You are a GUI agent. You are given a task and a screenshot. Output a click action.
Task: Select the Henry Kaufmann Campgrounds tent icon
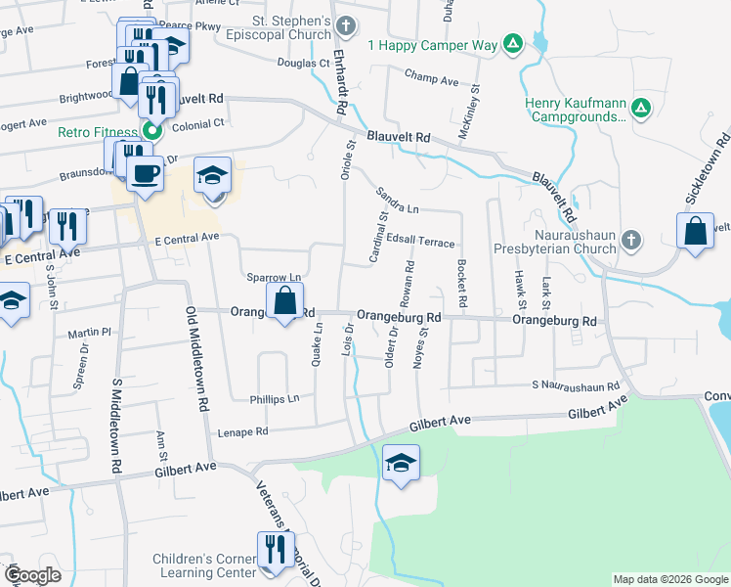coord(641,108)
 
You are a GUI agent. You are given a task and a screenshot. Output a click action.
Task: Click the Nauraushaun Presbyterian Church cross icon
coord(632,240)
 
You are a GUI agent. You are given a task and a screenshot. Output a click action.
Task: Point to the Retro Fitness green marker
coord(151,130)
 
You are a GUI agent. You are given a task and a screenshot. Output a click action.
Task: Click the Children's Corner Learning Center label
coord(203,565)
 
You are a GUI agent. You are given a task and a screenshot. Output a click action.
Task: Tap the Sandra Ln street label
coord(399,208)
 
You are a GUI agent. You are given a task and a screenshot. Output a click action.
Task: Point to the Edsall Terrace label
coord(420,241)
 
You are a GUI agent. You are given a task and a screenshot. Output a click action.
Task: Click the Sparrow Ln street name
coord(274,278)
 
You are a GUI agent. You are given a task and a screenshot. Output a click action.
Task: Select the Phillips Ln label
coord(274,399)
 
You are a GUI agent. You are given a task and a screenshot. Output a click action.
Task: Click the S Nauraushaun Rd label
coord(577,386)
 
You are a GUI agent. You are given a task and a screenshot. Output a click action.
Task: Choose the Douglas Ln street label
coord(304,63)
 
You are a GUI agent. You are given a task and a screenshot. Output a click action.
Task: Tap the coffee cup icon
coord(146,174)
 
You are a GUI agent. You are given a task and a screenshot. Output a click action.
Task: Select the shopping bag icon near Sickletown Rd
coord(695,233)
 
